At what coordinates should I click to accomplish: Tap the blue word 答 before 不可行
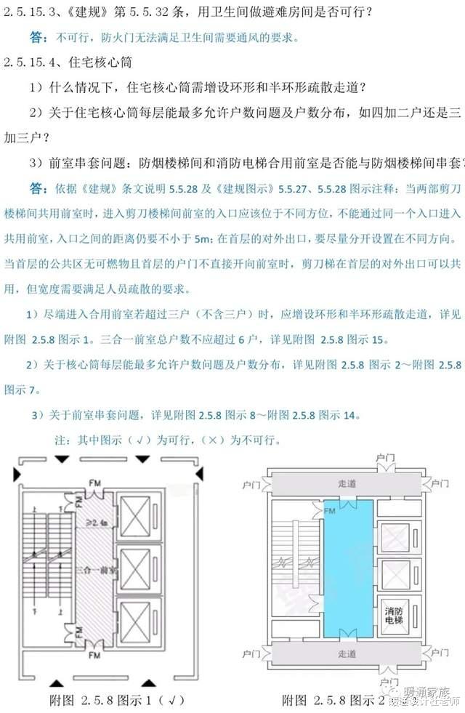pyautogui.click(x=38, y=37)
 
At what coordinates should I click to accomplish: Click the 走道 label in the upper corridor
pyautogui.click(x=348, y=481)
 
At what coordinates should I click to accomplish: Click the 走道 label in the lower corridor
pyautogui.click(x=348, y=653)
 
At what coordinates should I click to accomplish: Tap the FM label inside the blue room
pyautogui.click(x=330, y=511)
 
